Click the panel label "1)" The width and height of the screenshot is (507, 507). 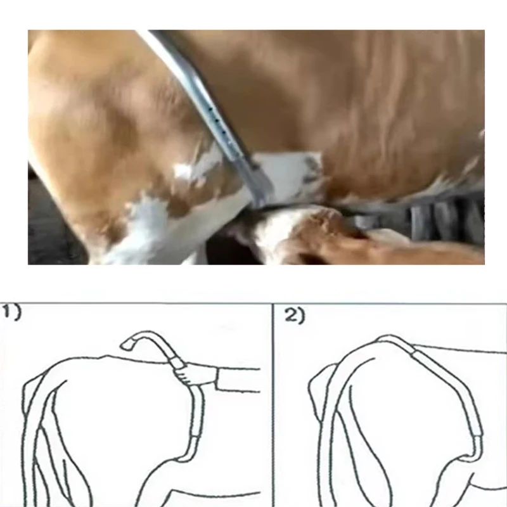pyautogui.click(x=11, y=312)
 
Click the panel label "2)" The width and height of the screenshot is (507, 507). pyautogui.click(x=295, y=316)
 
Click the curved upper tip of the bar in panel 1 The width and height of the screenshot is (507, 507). pyautogui.click(x=129, y=345)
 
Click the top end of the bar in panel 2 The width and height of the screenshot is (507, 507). pyautogui.click(x=385, y=338)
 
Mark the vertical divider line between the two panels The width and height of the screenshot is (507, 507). pyautogui.click(x=273, y=405)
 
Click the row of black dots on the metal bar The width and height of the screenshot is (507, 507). pyautogui.click(x=220, y=124)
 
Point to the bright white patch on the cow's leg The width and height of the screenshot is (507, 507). pyautogui.click(x=183, y=170)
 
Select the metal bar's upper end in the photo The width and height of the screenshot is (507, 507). pyautogui.click(x=155, y=33)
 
